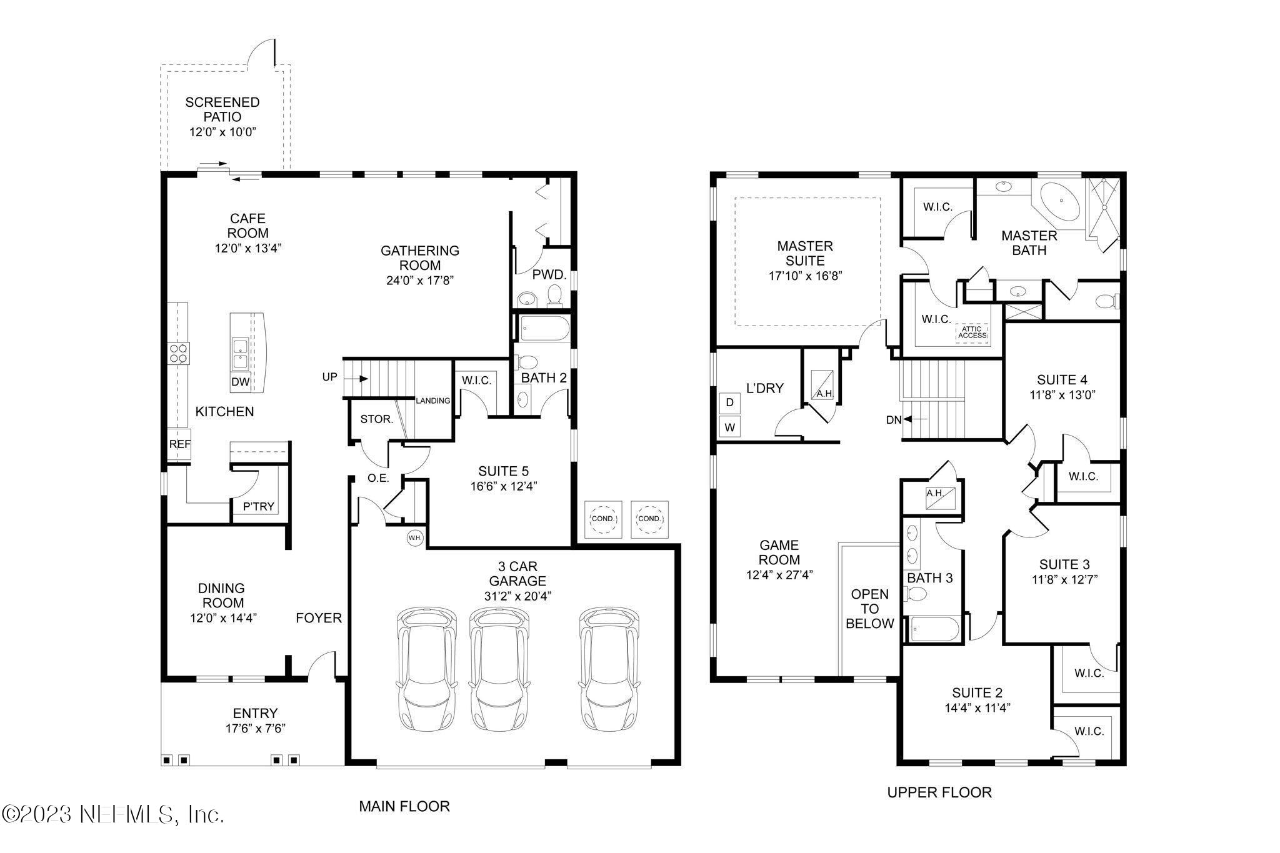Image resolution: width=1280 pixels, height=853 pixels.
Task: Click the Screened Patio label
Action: pos(222,109)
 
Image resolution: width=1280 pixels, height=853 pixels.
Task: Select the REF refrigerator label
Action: pos(180,444)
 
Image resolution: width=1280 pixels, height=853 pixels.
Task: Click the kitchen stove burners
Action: pos(178,353)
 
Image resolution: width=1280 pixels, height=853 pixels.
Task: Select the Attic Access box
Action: pos(972,332)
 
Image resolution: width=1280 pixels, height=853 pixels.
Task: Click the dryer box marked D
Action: pos(729,402)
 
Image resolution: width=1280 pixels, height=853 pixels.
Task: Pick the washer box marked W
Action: pos(729,428)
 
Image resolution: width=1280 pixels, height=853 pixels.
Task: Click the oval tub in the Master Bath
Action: pos(1059,202)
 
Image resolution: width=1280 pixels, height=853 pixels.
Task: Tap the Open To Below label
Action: pos(870,608)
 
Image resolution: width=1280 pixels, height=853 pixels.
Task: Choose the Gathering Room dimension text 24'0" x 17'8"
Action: pos(420,281)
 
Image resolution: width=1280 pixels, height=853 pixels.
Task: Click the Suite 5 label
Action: pos(504,471)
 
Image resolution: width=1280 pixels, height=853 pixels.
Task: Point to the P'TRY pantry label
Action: pos(259,507)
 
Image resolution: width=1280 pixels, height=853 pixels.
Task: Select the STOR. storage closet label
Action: pos(376,419)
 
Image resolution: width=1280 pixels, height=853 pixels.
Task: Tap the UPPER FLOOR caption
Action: pos(939,792)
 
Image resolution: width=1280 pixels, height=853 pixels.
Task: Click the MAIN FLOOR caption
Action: pos(404,806)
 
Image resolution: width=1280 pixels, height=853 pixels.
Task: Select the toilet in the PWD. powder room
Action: pos(554,296)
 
